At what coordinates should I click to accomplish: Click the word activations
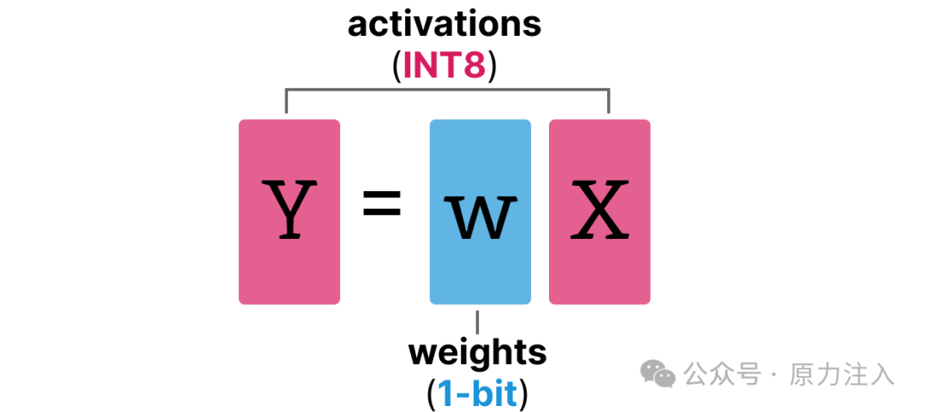point(445,24)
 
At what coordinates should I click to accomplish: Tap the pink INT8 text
point(445,66)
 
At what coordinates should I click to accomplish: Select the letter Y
point(289,210)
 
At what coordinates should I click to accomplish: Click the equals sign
point(382,206)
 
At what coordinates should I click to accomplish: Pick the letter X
point(600,210)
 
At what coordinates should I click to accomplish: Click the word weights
point(476,352)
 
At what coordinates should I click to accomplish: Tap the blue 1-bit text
point(477,393)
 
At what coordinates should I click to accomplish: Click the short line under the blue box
point(477,322)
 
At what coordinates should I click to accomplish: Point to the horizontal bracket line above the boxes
point(446,88)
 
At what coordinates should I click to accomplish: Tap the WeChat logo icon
point(659,373)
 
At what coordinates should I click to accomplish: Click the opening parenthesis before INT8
point(396,67)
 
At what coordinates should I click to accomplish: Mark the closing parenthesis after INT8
point(492,67)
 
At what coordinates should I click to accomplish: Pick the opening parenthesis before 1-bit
point(431,394)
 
